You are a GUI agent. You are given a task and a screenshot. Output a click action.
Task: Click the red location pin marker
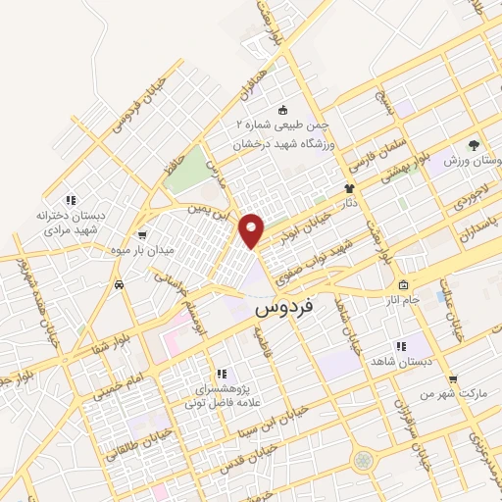[x=253, y=229]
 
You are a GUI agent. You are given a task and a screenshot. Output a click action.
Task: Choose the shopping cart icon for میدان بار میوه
[x=144, y=235]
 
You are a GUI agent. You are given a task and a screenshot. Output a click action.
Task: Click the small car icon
[x=119, y=284]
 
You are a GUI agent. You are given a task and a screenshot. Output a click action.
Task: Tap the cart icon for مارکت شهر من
[x=453, y=379]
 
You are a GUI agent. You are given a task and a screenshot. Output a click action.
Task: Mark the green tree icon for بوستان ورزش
[x=476, y=144]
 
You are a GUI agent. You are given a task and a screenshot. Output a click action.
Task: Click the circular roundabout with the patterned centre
[x=365, y=459]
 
